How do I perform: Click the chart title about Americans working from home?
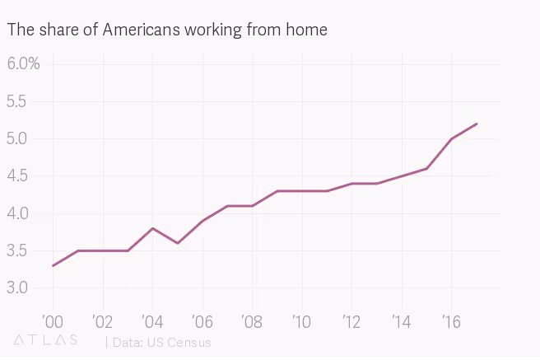pyautogui.click(x=167, y=30)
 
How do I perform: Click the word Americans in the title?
pyautogui.click(x=140, y=30)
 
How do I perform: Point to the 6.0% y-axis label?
pyautogui.click(x=24, y=64)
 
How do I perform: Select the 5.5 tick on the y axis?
pyautogui.click(x=17, y=101)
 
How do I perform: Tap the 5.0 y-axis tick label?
pyautogui.click(x=17, y=138)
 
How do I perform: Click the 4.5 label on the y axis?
pyautogui.click(x=17, y=175)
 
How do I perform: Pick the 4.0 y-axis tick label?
pyautogui.click(x=17, y=213)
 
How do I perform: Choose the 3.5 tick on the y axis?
pyautogui.click(x=17, y=250)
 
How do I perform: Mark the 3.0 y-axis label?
pyautogui.click(x=17, y=288)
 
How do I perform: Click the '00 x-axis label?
pyautogui.click(x=52, y=320)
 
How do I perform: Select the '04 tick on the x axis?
pyautogui.click(x=151, y=320)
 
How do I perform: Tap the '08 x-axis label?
pyautogui.click(x=251, y=320)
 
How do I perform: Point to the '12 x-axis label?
pyautogui.click(x=351, y=320)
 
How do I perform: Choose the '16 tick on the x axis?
pyautogui.click(x=450, y=320)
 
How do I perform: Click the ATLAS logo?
pyautogui.click(x=46, y=340)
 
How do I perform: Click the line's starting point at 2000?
pyautogui.click(x=54, y=265)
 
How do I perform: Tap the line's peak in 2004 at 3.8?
pyautogui.click(x=152, y=228)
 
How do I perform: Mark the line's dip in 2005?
pyautogui.click(x=178, y=243)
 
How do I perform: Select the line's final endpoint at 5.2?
pyautogui.click(x=477, y=124)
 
